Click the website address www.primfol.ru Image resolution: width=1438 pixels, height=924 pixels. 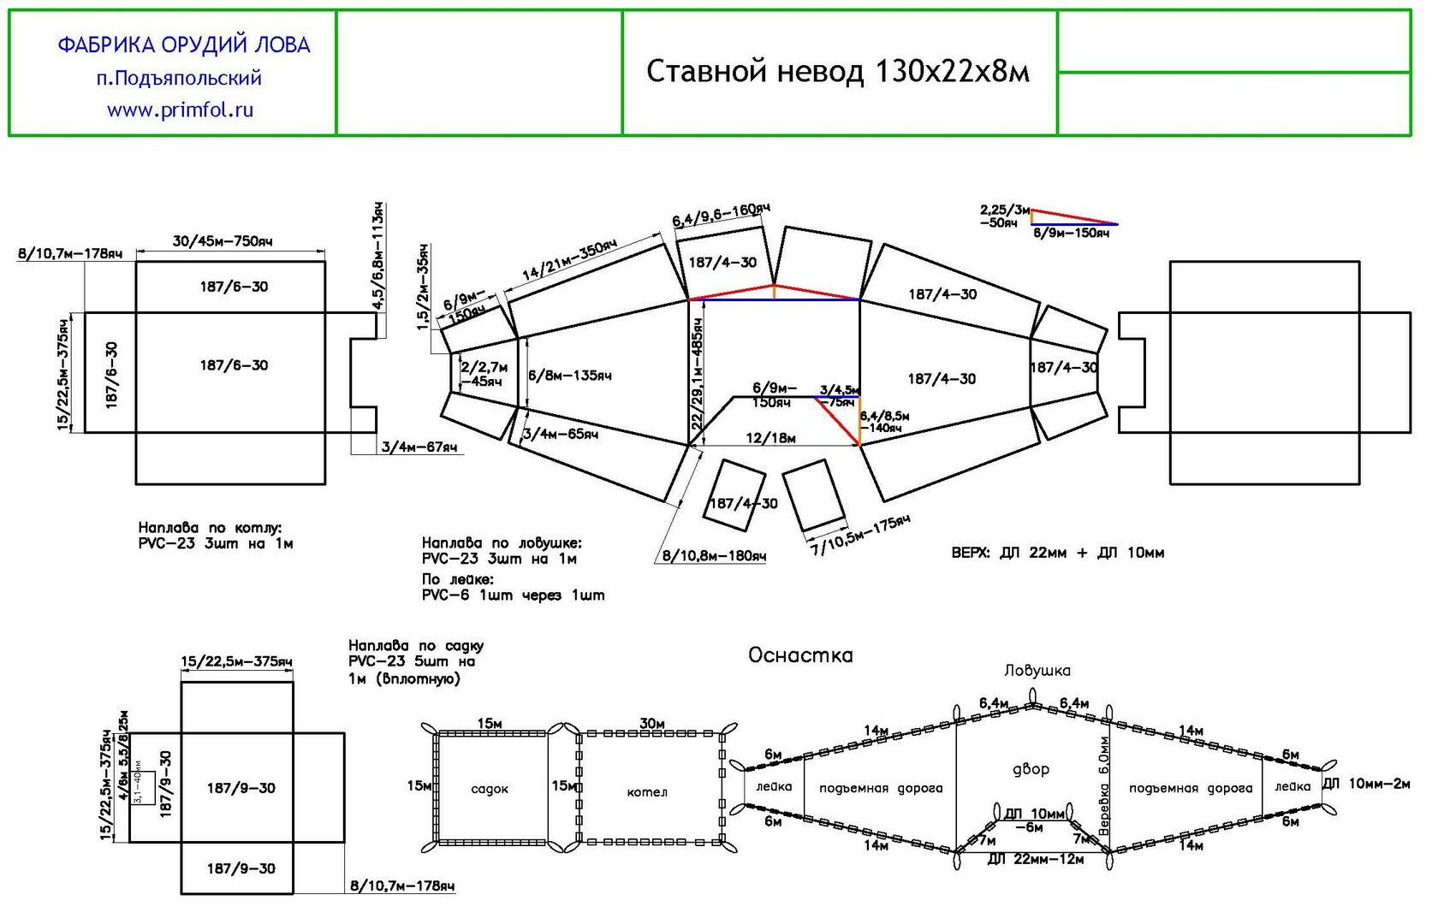pos(180,110)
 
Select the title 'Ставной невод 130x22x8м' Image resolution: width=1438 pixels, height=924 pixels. pos(837,71)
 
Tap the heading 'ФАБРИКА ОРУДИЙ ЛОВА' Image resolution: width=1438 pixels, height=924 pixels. pos(183,44)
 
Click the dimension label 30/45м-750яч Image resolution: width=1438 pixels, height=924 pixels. pos(223,241)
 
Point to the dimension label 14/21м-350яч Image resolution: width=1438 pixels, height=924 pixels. pos(569,261)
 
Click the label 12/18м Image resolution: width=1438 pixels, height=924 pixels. pos(770,438)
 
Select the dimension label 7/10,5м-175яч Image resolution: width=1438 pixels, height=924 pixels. pos(860,536)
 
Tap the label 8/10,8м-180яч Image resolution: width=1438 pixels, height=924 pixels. pos(714,556)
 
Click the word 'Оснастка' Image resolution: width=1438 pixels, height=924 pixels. pos(800,655)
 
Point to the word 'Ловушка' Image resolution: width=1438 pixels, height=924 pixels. pos(1037,671)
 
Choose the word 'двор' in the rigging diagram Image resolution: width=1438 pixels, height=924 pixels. pos(1031,769)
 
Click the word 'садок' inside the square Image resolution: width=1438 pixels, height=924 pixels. pos(490,789)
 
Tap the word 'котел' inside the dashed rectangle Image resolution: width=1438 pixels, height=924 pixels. pos(647,792)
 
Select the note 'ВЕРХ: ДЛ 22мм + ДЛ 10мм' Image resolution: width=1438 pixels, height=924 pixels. pos(1057,553)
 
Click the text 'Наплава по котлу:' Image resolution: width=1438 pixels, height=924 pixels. pos(210,528)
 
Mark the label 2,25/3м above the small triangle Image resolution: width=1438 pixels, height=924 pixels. pos(1005,209)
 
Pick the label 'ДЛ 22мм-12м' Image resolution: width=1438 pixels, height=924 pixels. pos(1035,859)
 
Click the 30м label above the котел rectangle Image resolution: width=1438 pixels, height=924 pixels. pos(652,724)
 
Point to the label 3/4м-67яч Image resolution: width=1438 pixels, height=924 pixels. pos(419,447)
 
